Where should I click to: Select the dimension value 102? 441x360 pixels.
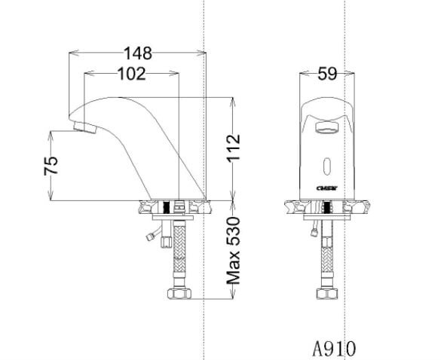131,73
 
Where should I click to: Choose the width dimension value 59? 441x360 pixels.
326,74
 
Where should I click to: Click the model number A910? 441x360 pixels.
334,348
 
